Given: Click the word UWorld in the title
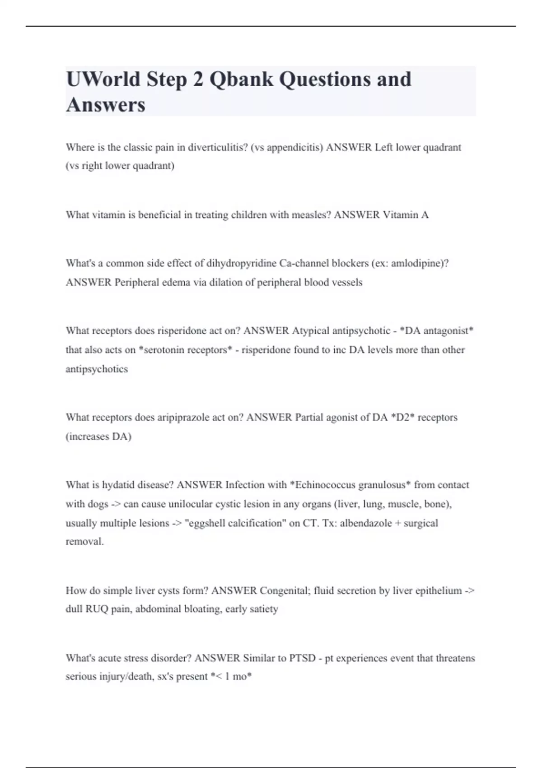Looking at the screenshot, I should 103,79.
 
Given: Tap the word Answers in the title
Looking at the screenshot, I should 106,105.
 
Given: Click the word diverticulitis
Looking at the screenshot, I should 218,147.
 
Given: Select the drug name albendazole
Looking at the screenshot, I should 366,523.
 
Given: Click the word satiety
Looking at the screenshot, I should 264,609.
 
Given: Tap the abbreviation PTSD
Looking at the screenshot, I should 302,658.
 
